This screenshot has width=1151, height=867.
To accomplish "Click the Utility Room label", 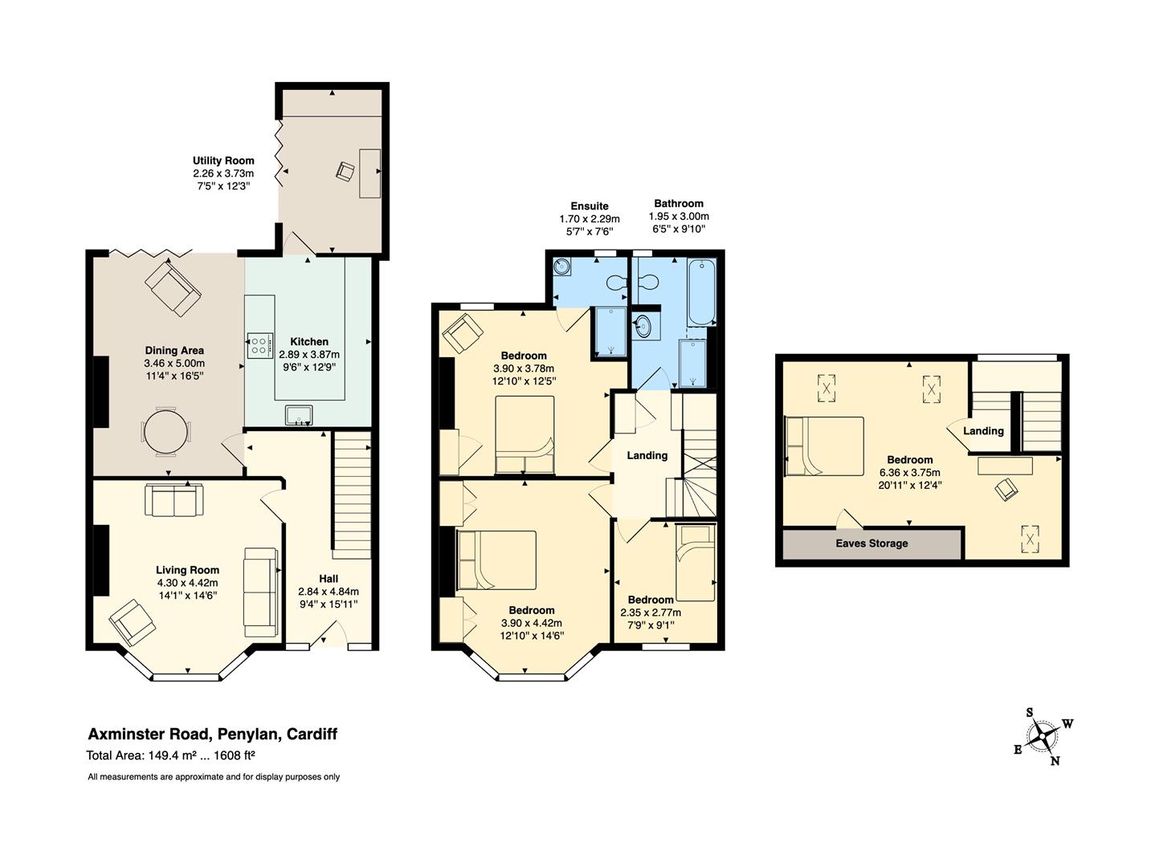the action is click(x=222, y=161).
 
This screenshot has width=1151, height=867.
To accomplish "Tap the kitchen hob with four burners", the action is click(x=260, y=345).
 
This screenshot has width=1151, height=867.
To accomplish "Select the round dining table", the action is click(x=165, y=432).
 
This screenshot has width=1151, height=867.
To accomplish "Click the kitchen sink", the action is click(x=298, y=415).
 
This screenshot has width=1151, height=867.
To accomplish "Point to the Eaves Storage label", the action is click(x=871, y=543).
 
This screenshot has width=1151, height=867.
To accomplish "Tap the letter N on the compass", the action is click(x=1055, y=761).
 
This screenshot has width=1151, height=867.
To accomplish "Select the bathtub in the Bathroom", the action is click(x=701, y=292).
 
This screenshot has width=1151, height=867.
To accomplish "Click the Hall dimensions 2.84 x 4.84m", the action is click(x=329, y=592).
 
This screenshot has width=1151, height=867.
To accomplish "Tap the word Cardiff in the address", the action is click(x=312, y=734).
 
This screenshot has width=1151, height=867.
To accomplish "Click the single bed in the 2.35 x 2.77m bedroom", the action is click(x=696, y=562).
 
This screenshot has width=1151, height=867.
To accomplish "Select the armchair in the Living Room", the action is click(x=133, y=622).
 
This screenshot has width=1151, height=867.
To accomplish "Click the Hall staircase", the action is click(x=351, y=494).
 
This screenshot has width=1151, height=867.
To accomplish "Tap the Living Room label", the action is click(x=187, y=570).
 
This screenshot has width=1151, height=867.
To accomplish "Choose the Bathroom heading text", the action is click(x=679, y=203).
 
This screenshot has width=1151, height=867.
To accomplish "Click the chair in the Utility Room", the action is click(x=345, y=171).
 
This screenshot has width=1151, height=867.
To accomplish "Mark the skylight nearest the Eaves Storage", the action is click(x=1030, y=539).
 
